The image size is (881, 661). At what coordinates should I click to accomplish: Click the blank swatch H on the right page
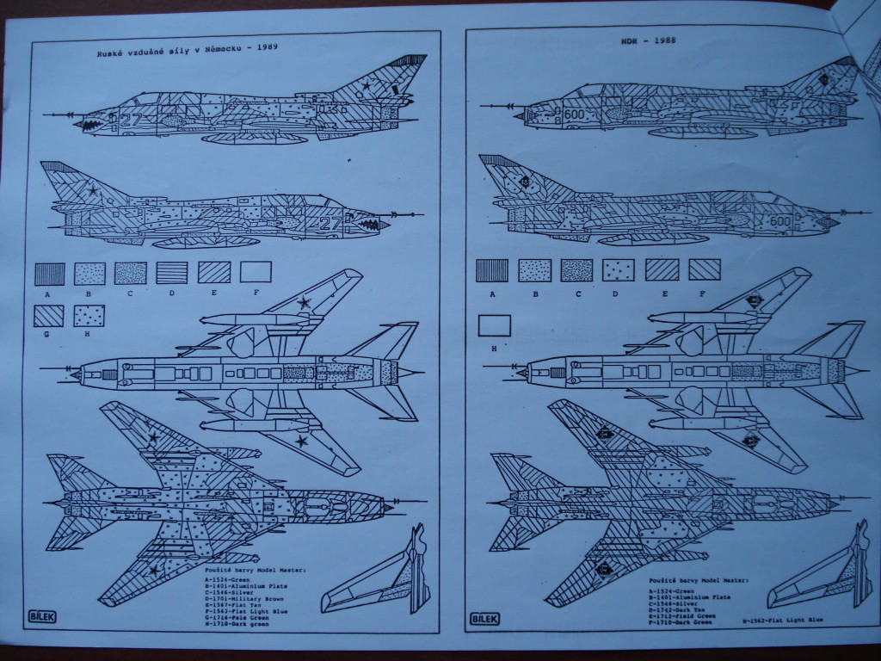coord(493,325)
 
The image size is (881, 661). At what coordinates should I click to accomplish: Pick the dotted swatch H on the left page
coord(89,316)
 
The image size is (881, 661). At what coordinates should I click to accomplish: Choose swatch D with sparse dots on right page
coord(618,270)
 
